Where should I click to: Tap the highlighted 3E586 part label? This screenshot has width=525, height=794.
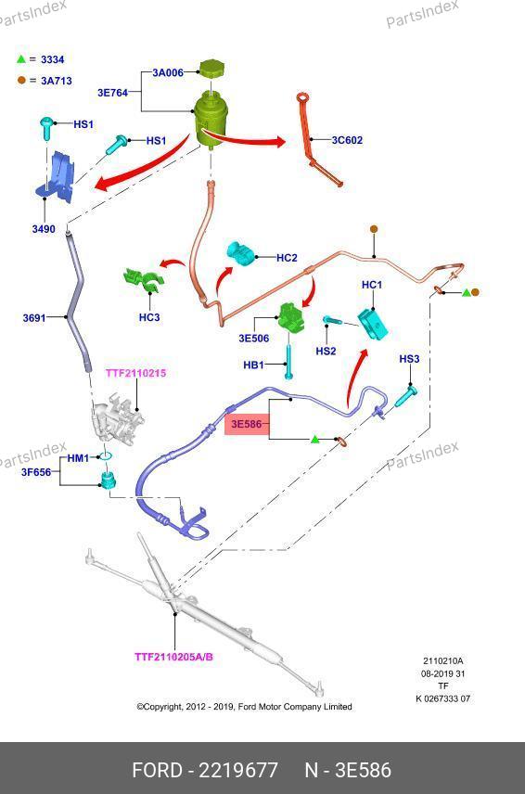click(x=247, y=424)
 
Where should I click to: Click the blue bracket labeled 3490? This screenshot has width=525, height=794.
click(x=57, y=177)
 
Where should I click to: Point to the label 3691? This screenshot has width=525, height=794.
click(x=34, y=318)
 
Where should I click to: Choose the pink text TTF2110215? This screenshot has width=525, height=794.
click(x=135, y=373)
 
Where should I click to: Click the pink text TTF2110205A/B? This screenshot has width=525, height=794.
click(x=173, y=657)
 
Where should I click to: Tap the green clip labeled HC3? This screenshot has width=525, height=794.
click(x=143, y=280)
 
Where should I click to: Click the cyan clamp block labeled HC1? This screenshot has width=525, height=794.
click(x=374, y=324)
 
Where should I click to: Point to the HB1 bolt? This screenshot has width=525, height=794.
click(x=288, y=362)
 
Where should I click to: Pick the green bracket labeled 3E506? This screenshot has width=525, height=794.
click(x=292, y=318)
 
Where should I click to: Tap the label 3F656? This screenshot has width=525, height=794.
click(x=36, y=472)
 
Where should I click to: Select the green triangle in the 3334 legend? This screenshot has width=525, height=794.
click(x=20, y=59)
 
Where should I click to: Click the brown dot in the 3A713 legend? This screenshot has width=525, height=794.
click(x=21, y=80)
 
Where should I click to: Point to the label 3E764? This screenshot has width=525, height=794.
click(x=112, y=93)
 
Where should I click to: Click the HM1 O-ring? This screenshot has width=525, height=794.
click(x=105, y=456)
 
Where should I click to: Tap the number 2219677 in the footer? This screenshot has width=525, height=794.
click(x=238, y=770)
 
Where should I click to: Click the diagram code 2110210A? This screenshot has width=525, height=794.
click(x=443, y=660)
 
